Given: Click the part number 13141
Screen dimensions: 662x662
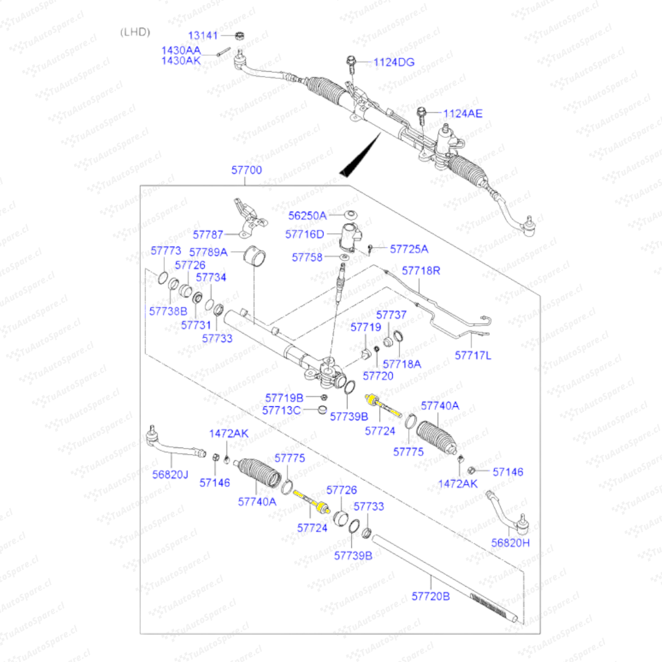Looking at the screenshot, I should (202, 36).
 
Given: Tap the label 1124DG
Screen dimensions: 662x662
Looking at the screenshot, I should (394, 62).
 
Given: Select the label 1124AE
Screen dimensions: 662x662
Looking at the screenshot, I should (462, 113).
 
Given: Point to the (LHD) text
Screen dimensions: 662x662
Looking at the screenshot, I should (135, 32).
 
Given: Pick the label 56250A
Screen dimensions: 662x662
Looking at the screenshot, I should (308, 216).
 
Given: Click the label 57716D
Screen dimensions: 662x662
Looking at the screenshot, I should (304, 234).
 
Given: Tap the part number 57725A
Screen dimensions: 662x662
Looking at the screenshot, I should (409, 249).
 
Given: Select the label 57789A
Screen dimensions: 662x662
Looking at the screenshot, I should (208, 252).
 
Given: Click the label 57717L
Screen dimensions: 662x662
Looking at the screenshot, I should (473, 355).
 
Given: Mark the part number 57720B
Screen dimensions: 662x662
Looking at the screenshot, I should (430, 596).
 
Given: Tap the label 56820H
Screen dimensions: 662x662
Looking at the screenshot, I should (509, 542).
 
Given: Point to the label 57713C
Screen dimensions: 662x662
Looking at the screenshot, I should (281, 410).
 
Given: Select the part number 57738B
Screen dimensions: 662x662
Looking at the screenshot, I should (168, 311).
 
